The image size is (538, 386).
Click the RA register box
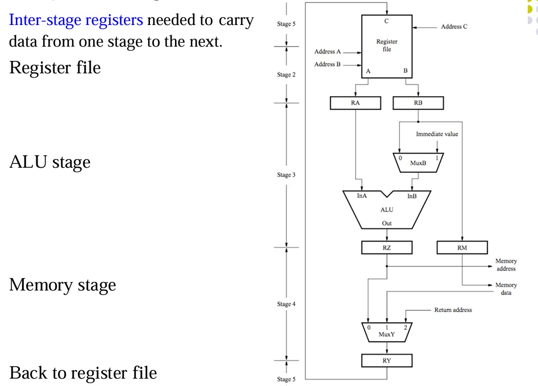pos(355,103)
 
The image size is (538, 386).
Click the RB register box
pos(418,103)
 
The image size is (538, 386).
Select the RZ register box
pos(387,247)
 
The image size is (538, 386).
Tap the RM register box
pos(462,247)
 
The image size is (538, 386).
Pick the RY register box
pos(387,360)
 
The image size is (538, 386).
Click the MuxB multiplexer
pos(418,161)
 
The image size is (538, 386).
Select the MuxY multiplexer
pos(387,331)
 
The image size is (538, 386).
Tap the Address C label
pos(454,27)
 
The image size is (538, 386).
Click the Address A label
pos(324,52)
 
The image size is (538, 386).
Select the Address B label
pos(324,64)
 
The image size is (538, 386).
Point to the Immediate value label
pos(437,134)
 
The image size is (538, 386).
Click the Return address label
pos(452,310)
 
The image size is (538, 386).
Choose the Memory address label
pos(506,265)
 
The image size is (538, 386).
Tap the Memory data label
pos(506,288)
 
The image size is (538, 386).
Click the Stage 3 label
pos(286,175)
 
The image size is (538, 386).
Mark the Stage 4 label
pos(286,304)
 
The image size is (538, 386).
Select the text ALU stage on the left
pos(50,162)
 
